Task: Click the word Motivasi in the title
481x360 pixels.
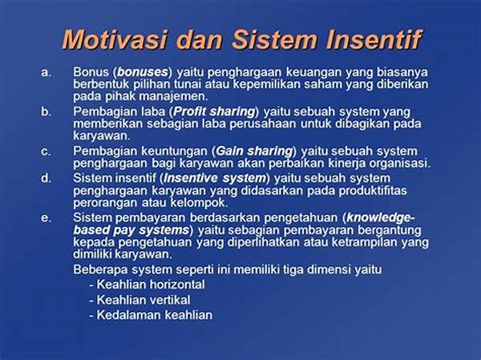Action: [115, 39]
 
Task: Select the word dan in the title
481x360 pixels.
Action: [200, 39]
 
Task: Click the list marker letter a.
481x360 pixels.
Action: [46, 72]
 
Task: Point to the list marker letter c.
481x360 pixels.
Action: [46, 152]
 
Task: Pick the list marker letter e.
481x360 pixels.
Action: [46, 218]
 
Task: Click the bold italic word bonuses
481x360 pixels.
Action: [143, 72]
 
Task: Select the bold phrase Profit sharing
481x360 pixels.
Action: [214, 112]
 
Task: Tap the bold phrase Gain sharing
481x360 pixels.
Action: [254, 152]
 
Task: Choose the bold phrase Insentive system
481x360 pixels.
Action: [215, 178]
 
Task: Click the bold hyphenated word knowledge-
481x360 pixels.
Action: [381, 218]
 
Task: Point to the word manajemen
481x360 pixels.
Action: [173, 97]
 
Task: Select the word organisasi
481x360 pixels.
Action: [398, 163]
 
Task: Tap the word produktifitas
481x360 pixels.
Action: [373, 191]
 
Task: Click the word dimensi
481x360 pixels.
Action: [329, 269]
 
